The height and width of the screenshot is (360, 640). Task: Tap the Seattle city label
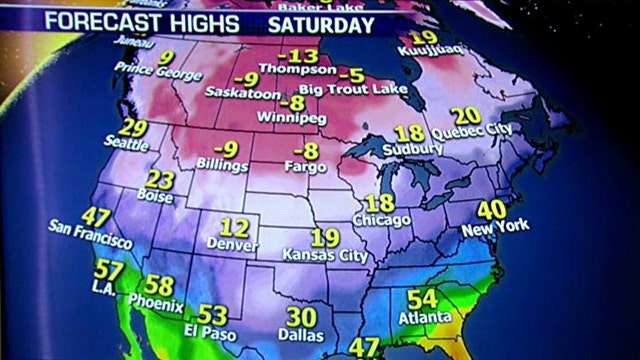(127, 144)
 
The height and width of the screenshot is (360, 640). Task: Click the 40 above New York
(491, 211)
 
